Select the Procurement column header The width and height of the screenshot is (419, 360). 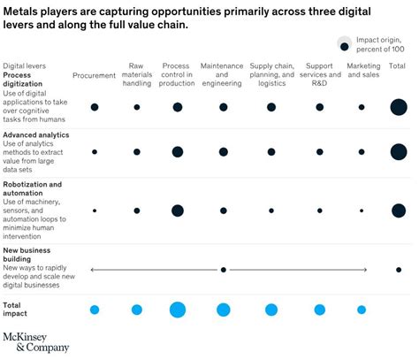[94, 75]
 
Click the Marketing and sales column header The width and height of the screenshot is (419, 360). [362, 71]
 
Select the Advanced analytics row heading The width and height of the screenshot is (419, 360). [36, 134]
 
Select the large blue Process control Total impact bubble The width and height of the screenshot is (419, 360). [178, 310]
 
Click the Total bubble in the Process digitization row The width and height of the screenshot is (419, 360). [399, 107]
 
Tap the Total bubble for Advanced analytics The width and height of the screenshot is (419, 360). [399, 152]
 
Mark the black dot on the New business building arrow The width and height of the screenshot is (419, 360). [224, 270]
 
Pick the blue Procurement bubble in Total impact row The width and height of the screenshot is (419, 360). [95, 310]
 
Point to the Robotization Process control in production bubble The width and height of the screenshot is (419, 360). [178, 211]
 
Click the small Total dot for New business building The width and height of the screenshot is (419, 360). [399, 270]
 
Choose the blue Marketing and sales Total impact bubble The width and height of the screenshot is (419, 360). [362, 310]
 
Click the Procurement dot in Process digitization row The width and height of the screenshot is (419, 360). [95, 107]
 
